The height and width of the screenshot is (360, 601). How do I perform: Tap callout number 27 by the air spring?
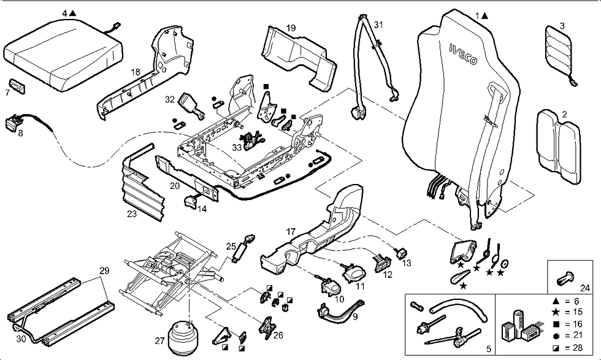click(159, 340)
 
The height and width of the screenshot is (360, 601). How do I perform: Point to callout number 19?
click(291, 28)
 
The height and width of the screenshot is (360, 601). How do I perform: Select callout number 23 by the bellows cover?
click(131, 214)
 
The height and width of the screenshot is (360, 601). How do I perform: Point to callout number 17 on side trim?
click(291, 232)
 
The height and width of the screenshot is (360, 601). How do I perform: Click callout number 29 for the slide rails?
click(104, 270)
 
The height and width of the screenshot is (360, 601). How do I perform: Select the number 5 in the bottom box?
click(489, 349)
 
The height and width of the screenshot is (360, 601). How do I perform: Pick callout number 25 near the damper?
click(231, 246)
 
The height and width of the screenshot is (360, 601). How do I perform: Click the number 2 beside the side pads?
click(564, 114)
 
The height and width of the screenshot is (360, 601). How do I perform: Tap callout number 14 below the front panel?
click(201, 209)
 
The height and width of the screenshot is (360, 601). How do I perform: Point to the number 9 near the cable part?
click(355, 317)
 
